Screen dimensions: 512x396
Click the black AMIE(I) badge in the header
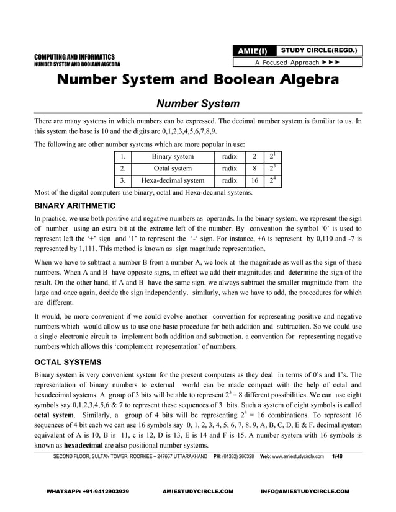coord(253,51)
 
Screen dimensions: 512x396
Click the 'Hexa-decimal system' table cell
coord(173,181)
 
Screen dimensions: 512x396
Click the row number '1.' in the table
coord(124,157)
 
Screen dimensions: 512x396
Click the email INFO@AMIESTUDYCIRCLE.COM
coord(305,491)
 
